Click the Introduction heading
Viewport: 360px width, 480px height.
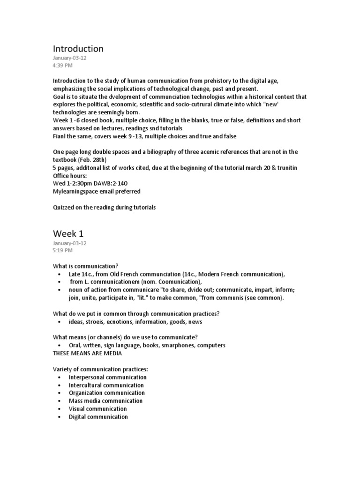(78, 49)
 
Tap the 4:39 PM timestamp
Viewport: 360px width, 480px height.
(63, 65)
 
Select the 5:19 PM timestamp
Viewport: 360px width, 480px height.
(63, 250)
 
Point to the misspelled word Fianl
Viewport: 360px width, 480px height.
(60, 136)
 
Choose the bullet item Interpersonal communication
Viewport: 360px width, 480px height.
(107, 377)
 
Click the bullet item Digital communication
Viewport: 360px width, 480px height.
(98, 417)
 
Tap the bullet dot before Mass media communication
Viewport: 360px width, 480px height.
(59, 401)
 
